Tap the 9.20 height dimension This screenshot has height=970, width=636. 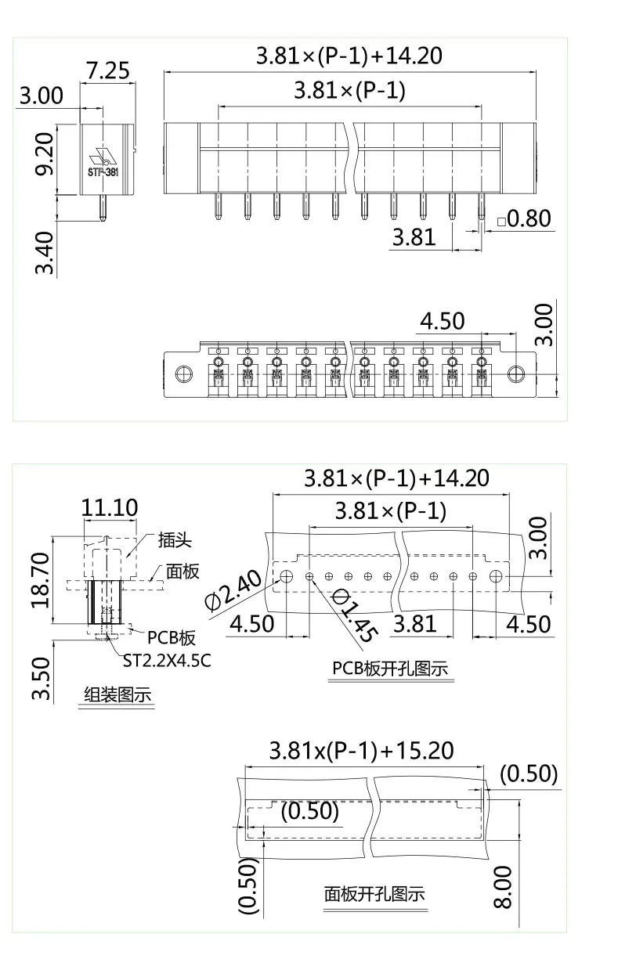coord(45,153)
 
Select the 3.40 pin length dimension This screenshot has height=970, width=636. coord(45,252)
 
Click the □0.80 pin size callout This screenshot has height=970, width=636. coord(524,218)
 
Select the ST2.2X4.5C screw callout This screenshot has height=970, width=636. coord(167,660)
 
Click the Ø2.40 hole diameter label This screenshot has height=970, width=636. coord(222,590)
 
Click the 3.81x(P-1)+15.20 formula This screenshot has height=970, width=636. coord(361,751)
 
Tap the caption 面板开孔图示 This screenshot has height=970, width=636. coord(374,893)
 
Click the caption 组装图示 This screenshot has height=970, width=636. coord(117,694)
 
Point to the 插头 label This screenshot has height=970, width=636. coord(174,540)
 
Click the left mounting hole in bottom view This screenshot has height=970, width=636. coord(182,373)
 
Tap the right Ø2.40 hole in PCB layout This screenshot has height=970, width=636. coord(496,577)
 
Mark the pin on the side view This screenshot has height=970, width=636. coord(103,207)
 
